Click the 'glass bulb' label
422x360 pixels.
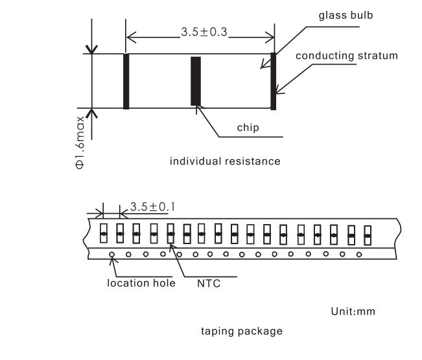point(346,16)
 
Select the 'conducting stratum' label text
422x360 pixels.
point(347,56)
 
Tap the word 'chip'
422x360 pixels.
point(248,128)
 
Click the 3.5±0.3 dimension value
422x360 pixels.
point(204,32)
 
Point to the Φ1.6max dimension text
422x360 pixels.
point(80,142)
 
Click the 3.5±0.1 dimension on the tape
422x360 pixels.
point(152,207)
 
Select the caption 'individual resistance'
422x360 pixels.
point(225,161)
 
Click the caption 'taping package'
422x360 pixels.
point(242,332)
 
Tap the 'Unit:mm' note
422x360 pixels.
point(353,311)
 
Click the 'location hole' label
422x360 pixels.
point(141,283)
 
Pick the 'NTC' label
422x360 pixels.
point(209,284)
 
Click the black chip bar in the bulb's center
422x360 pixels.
point(196,81)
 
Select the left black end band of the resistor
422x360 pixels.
point(126,81)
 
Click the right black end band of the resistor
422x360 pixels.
point(273,81)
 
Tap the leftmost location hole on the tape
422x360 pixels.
point(111,254)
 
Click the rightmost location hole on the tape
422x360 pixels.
point(358,254)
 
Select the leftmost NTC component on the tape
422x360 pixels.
point(104,233)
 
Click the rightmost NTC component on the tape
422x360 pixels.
point(368,236)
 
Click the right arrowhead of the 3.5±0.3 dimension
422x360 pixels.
point(270,38)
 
